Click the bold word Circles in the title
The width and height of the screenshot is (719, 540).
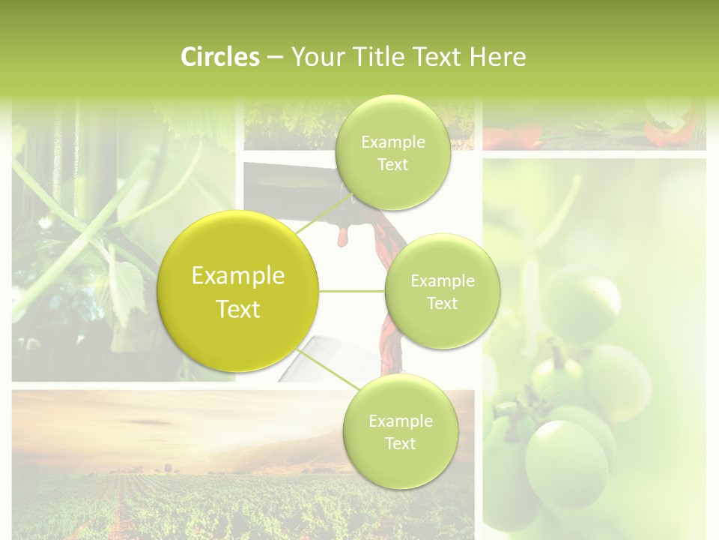[x=220, y=57]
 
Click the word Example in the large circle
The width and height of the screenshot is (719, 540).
[x=238, y=276]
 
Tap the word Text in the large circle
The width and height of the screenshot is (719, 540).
[x=238, y=309]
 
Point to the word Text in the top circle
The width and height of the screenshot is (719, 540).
[x=392, y=165]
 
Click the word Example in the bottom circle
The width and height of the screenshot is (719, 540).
[x=400, y=421]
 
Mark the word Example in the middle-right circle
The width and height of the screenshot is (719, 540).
[x=442, y=281]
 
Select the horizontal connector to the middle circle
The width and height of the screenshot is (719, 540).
[x=352, y=291]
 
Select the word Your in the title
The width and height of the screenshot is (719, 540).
[x=315, y=57]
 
